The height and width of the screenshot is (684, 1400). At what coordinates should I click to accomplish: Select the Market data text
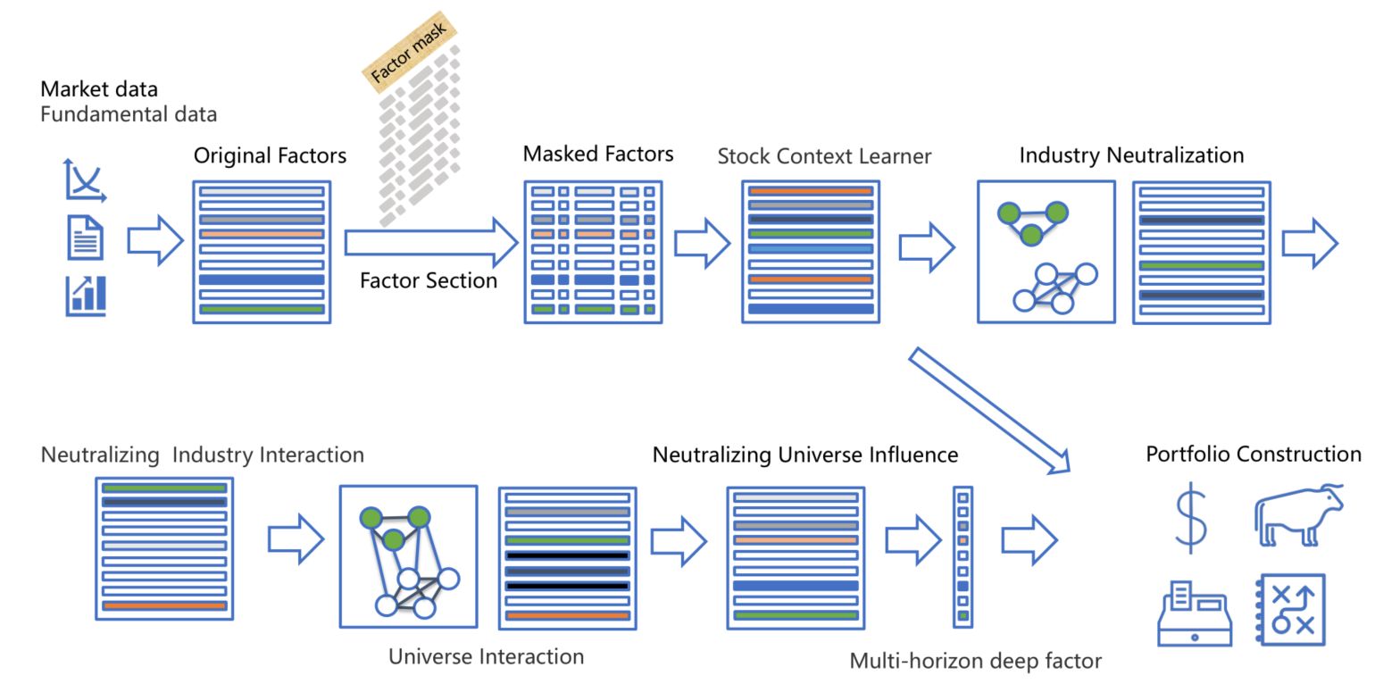tap(99, 89)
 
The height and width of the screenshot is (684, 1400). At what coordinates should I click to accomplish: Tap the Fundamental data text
tap(129, 114)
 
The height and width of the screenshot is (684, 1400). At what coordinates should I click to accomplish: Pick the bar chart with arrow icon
tap(86, 296)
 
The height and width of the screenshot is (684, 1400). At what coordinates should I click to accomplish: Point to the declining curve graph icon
tap(85, 179)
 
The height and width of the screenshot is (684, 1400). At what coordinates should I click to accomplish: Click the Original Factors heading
tap(270, 155)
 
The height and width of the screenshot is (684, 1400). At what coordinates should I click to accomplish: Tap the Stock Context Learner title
tap(824, 156)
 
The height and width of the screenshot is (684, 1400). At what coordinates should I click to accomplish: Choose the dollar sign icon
tap(1190, 518)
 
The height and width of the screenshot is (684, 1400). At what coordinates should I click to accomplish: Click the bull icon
tap(1297, 515)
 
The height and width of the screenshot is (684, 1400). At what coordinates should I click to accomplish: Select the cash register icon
tap(1195, 613)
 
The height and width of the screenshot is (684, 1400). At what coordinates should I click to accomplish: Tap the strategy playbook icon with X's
tap(1292, 610)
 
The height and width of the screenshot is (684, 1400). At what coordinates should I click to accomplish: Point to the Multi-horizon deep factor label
tap(975, 661)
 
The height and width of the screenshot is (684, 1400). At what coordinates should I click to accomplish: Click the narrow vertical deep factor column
tap(962, 556)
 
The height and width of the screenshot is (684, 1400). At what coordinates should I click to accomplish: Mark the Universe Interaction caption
tap(486, 656)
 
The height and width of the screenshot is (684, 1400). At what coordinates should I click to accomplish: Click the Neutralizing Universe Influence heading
tap(804, 455)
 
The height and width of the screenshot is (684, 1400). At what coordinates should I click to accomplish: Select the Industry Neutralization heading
tap(1131, 154)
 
